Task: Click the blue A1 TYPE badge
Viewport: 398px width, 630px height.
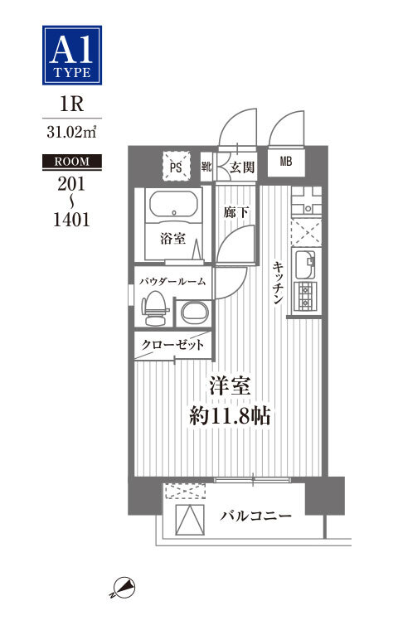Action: tap(72, 55)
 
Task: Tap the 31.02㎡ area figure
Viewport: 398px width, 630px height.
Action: tap(71, 132)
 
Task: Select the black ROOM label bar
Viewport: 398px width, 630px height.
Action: tap(72, 162)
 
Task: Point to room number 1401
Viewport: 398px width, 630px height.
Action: tap(71, 220)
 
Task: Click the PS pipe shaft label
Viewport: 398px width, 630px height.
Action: tap(176, 167)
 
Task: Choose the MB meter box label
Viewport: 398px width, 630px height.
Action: tap(286, 162)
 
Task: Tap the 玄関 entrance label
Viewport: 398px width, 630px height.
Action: tap(242, 167)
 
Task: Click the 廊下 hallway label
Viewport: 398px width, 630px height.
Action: tap(236, 212)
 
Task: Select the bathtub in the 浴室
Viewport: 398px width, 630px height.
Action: tap(174, 205)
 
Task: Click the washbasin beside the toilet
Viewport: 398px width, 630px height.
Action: tap(195, 313)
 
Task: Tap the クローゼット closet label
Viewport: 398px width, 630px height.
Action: tap(172, 345)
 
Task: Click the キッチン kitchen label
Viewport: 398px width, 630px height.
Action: tap(279, 282)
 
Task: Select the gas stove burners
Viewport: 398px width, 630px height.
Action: tap(305, 297)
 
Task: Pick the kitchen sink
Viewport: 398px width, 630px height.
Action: tap(306, 264)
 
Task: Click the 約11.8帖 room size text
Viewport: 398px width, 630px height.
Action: tap(230, 416)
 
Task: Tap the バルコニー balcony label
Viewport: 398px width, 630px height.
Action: tap(255, 516)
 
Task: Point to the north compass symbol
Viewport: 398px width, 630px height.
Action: tap(124, 588)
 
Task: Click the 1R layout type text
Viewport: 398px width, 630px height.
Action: tap(71, 104)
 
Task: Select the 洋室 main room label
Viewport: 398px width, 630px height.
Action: tap(230, 386)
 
